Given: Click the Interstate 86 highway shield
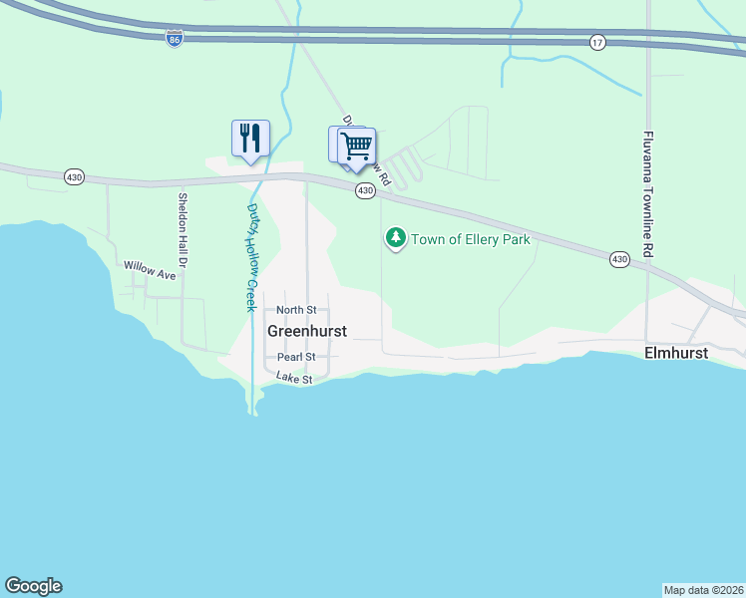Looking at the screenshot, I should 175,38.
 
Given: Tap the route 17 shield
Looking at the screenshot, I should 597,42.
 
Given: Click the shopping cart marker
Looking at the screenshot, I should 356,147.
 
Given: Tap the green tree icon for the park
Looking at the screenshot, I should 397,237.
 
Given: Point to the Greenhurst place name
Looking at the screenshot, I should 307,331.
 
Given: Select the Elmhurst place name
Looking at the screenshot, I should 676,354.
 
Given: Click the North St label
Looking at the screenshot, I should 296,311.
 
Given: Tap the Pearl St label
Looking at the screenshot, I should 296,357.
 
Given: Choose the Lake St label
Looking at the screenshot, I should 294,379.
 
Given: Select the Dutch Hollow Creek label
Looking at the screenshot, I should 252,257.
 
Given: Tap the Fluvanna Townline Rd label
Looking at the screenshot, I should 648,194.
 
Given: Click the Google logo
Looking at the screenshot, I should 33,586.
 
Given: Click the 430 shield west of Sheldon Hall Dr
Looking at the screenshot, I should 74,176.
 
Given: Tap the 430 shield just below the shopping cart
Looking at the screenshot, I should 365,190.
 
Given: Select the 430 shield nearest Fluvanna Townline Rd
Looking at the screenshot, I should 620,259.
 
